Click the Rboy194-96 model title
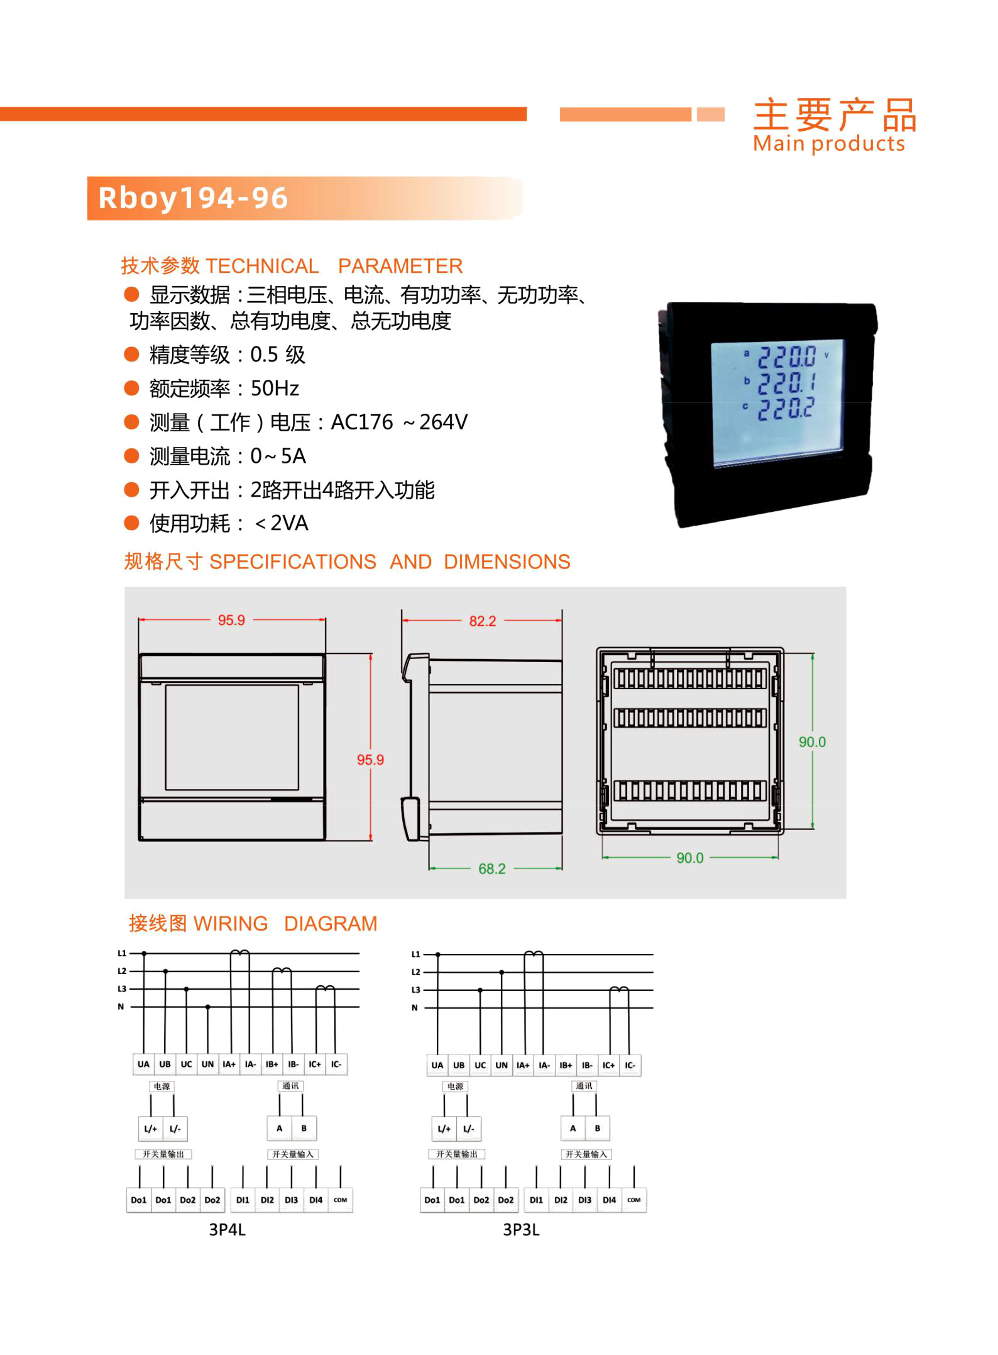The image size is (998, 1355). point(193,198)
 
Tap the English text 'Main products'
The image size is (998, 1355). point(829,144)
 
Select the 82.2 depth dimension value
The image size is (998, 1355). point(483,621)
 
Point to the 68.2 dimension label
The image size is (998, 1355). point(492,869)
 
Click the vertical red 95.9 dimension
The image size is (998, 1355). point(370,760)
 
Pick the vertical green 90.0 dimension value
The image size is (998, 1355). point(812,742)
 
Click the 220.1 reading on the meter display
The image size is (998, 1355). point(786,382)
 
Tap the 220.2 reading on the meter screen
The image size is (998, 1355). point(786,409)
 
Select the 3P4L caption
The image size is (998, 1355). point(227,1230)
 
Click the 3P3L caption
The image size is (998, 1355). point(521,1230)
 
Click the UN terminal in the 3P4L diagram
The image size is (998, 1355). point(207,1065)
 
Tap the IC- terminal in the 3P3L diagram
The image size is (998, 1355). point(630,1065)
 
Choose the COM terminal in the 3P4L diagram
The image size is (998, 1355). point(340,1200)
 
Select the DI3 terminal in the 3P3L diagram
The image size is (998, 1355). point(584,1200)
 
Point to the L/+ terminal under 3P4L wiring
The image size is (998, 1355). point(150,1129)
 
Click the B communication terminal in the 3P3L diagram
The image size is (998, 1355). point(597,1128)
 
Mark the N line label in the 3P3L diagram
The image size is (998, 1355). point(415,1008)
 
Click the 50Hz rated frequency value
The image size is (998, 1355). point(275,389)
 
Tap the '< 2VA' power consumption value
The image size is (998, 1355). point(281,523)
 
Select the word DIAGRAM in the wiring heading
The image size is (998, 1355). point(331,924)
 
